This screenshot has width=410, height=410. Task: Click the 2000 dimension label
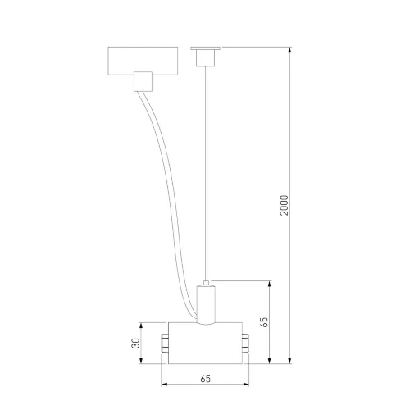coord(285,205)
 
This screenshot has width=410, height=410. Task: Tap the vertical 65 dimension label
coord(264,322)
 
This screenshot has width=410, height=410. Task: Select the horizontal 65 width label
coord(206,379)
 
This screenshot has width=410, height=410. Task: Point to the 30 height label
coord(135,343)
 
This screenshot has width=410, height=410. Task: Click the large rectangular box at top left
coord(143,61)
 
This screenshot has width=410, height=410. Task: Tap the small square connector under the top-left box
coord(143,81)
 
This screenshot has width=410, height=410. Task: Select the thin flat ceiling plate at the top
coord(205,48)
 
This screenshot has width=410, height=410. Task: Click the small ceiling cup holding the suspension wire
coord(206,58)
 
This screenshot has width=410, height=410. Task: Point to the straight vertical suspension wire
coord(207,174)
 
